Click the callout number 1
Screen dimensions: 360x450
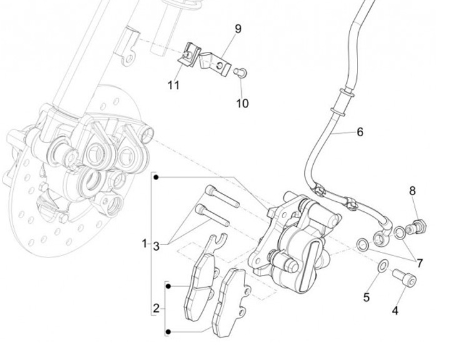click(144, 242)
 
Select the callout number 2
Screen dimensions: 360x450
click(156, 308)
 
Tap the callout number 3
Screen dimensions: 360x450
click(156, 246)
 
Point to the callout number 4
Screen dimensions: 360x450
click(395, 309)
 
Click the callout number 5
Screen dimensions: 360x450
click(366, 297)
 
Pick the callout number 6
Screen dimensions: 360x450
click(360, 132)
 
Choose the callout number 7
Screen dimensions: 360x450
click(419, 263)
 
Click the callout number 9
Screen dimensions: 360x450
click(238, 29)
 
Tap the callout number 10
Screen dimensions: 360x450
click(242, 102)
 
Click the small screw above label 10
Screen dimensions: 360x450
click(240, 72)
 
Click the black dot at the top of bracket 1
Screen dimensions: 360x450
click(156, 177)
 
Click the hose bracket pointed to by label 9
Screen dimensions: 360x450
click(212, 60)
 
